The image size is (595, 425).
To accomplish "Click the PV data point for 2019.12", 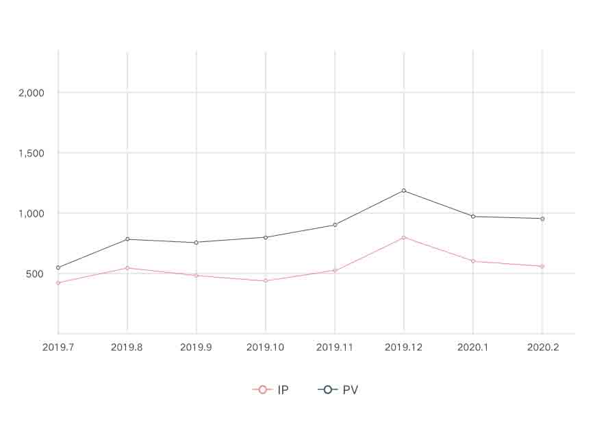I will pos(404,191).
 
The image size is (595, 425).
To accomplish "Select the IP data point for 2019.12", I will pos(404,237).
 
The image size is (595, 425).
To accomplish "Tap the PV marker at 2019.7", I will pos(58,267).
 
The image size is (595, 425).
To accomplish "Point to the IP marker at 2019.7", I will pos(58,282).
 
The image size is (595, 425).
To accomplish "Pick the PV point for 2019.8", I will pos(127,239).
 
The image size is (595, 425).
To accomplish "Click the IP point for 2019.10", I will pos(266,280).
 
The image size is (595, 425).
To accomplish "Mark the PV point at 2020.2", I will pos(542,219).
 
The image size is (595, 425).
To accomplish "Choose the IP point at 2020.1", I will pos(473,261).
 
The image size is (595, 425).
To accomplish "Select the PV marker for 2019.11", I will pos(335,225).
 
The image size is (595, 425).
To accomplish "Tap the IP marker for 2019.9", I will pos(197,276).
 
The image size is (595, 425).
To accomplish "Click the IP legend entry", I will pos(270,390).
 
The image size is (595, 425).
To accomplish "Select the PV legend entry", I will pos(338,390).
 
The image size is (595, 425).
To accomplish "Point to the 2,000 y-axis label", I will pos(31,93).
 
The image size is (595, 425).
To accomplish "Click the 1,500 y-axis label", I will pos(31,153).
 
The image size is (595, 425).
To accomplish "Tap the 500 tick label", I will pos(34,274).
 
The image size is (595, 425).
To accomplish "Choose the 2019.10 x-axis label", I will pos(266,348).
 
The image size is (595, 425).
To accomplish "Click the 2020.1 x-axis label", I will pos(473,348).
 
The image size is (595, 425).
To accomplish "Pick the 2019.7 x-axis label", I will pos(58,348).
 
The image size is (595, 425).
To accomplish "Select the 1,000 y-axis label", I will pos(31,213).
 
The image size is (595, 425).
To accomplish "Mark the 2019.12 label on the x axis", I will pos(404,348).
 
